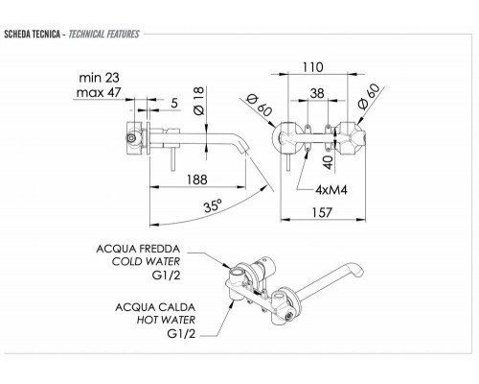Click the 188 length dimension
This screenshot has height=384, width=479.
pos(197,180)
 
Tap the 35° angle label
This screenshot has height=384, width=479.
pos(213,205)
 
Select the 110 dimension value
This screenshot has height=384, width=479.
pos(313,67)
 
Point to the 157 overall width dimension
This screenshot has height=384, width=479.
pos(322,212)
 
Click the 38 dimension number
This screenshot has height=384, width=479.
pos(317,93)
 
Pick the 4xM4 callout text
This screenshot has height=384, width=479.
pos(331,190)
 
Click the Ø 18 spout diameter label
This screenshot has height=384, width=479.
pos(198,101)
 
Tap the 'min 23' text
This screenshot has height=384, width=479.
pos(99,78)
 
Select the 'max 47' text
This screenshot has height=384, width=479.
pos(99,92)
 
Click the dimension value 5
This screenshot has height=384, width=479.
pos(174,103)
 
